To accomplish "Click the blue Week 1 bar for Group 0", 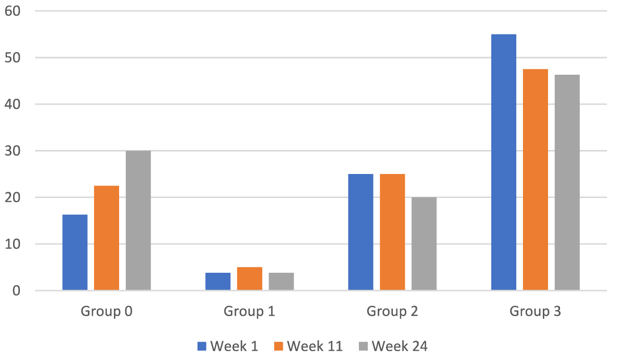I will pyautogui.click(x=75, y=252).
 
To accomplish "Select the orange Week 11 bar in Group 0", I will pyautogui.click(x=107, y=238).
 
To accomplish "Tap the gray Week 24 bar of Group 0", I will pyautogui.click(x=138, y=220).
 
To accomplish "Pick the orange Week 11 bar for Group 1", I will pyautogui.click(x=250, y=278).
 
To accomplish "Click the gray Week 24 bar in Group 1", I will pyautogui.click(x=281, y=282).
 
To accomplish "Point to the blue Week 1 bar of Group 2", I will pyautogui.click(x=360, y=232).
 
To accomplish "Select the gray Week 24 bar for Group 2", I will pyautogui.click(x=424, y=243).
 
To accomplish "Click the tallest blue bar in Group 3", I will pyautogui.click(x=504, y=162).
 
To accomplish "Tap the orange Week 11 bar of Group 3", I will pyautogui.click(x=535, y=179).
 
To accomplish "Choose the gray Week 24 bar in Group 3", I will pyautogui.click(x=567, y=182).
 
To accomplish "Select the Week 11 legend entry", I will pyautogui.click(x=308, y=346).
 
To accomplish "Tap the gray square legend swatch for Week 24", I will pyautogui.click(x=363, y=346).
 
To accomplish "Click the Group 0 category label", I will pyautogui.click(x=106, y=312).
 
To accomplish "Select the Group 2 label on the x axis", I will pyautogui.click(x=392, y=312).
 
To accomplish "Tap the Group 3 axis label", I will pyautogui.click(x=535, y=312).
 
